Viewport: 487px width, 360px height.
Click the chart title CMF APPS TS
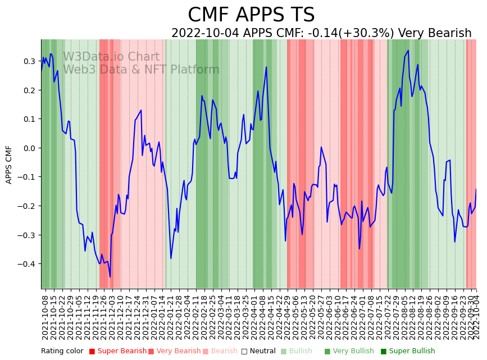tap(251, 15)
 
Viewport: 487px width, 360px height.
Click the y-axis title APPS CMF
tap(9, 165)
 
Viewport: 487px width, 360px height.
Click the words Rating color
tap(62, 352)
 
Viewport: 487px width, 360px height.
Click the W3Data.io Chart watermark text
tap(111, 57)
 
